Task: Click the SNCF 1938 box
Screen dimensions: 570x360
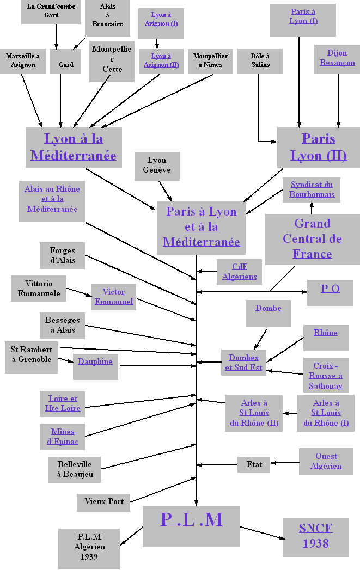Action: (315, 536)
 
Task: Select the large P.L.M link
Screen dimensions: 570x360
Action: (191, 519)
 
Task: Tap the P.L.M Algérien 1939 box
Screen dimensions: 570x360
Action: (89, 547)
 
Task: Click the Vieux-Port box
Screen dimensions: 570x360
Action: (103, 501)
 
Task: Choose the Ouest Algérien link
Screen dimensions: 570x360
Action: (326, 461)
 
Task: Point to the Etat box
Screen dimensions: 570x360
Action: (254, 464)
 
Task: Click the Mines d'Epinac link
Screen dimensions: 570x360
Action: (63, 437)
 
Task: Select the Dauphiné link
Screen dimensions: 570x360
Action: (95, 361)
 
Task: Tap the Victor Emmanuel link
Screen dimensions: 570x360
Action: (114, 297)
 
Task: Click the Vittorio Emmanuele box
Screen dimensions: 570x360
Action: (39, 289)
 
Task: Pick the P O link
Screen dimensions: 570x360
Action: (330, 289)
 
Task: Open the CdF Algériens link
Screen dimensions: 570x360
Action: (240, 272)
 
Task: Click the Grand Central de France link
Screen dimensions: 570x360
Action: (312, 238)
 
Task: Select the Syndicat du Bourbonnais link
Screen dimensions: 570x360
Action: (312, 189)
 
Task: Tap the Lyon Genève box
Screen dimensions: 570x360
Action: (157, 165)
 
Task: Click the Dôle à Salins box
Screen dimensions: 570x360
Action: (260, 60)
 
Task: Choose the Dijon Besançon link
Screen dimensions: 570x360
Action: (337, 58)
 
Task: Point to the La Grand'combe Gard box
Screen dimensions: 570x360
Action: (52, 11)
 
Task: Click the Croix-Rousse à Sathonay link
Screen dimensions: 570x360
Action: (326, 376)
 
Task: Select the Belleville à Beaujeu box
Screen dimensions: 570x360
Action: (75, 469)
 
